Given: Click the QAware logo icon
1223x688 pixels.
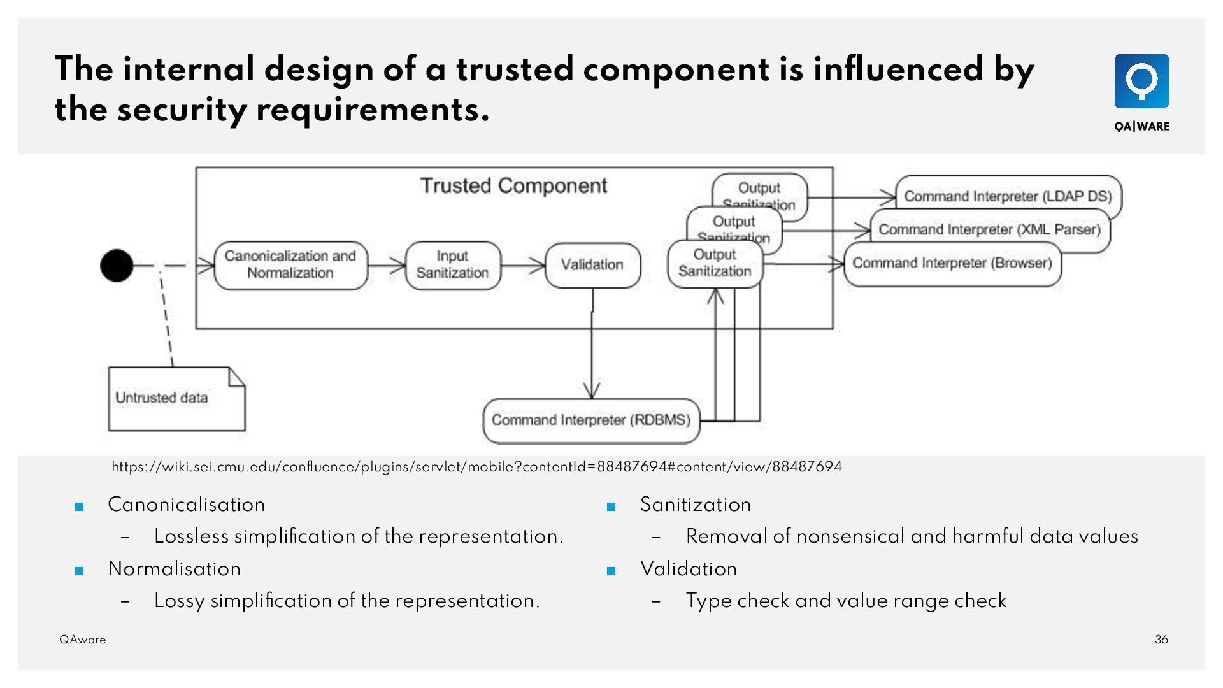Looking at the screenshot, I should [x=1141, y=81].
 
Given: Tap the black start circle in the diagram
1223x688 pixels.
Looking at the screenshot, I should [x=117, y=265].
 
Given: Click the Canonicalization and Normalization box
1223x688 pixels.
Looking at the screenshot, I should [x=290, y=265].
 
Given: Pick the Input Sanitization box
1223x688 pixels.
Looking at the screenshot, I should [x=453, y=265].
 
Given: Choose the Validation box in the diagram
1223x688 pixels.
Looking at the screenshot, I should [x=592, y=265].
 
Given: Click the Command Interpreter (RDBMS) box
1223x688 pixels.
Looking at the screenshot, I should [x=591, y=420].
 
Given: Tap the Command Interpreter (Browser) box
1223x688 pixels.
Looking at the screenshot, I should [x=952, y=264].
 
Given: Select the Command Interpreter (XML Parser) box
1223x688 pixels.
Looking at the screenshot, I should [x=989, y=229].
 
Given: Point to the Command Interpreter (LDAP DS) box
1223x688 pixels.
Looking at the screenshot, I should [x=1008, y=196].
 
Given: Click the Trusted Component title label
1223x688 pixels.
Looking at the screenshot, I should [x=513, y=186].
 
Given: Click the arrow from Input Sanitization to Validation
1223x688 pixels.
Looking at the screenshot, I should [x=523, y=265].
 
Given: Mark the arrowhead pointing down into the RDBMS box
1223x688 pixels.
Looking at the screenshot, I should [x=592, y=390].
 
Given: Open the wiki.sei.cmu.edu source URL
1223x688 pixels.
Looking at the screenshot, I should [x=476, y=467].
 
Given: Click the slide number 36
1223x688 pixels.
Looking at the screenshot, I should [x=1161, y=640].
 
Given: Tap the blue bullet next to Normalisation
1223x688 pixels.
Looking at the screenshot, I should [x=80, y=571].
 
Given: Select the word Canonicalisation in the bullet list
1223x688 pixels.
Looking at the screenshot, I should [x=186, y=505].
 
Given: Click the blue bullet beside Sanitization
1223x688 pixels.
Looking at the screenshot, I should [x=611, y=507].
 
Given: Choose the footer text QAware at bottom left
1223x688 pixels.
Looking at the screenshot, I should [x=83, y=640].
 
